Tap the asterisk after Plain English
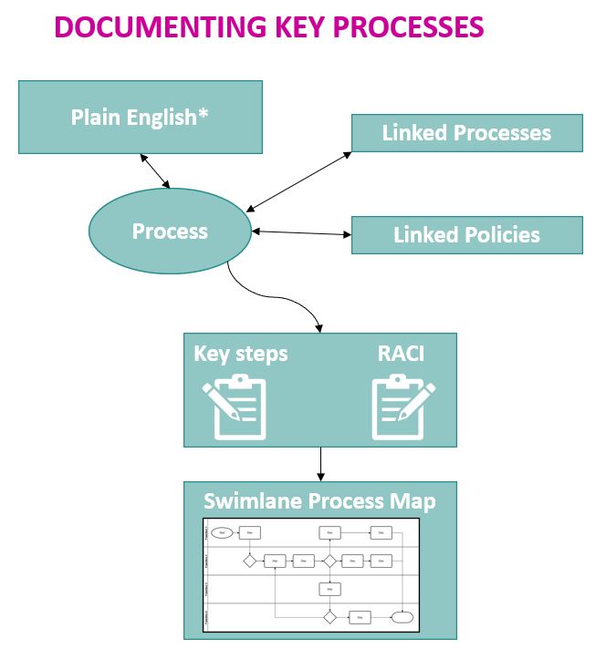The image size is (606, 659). [x=203, y=114]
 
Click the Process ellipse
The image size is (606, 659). [x=170, y=232]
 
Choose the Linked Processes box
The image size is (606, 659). [x=466, y=133]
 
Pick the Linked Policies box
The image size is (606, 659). [x=466, y=235]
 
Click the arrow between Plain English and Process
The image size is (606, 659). [x=155, y=170]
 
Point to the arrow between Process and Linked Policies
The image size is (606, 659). [x=301, y=232]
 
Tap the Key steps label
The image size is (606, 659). [x=240, y=354]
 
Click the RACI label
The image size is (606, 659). [x=400, y=354]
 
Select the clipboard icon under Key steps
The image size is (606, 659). [x=233, y=407]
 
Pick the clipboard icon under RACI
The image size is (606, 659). [x=402, y=407]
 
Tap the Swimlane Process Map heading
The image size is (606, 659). [x=319, y=501]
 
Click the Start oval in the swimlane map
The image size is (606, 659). [x=224, y=532]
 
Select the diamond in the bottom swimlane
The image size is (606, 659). [x=330, y=617]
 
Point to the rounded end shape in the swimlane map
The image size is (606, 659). [x=402, y=617]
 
